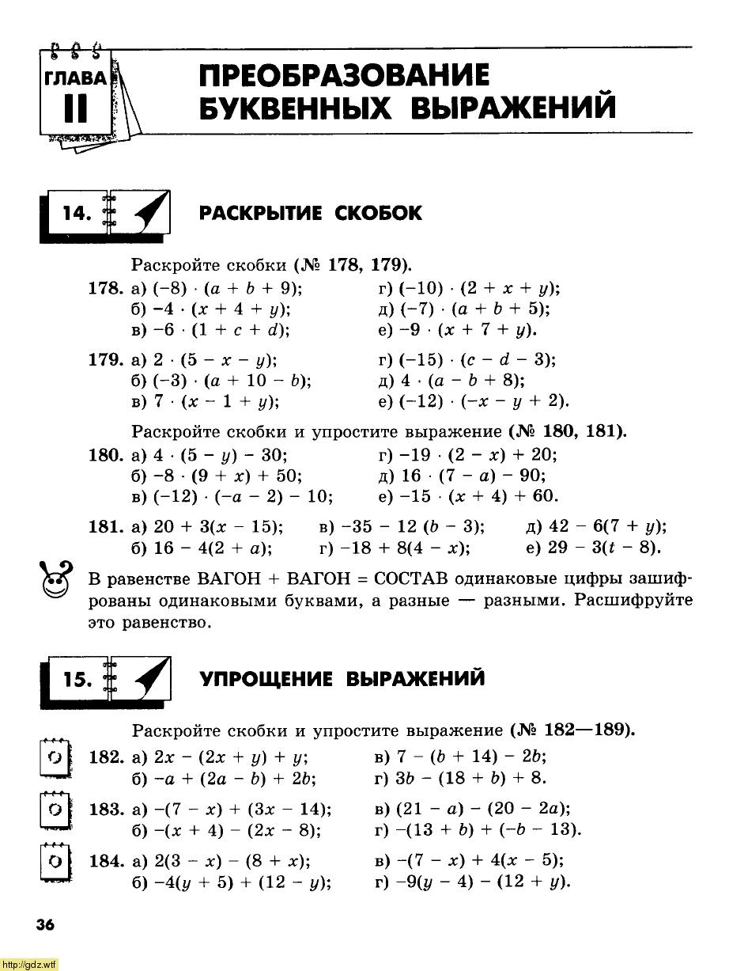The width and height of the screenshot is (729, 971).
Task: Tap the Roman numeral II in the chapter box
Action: [76, 110]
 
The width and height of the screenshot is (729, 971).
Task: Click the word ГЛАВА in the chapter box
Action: [75, 78]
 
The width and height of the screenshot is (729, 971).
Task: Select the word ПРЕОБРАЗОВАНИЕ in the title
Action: [344, 76]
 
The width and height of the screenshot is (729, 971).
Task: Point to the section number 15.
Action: [77, 680]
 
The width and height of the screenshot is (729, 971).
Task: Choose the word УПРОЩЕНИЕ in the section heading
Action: [265, 680]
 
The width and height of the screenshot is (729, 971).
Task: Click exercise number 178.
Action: [107, 289]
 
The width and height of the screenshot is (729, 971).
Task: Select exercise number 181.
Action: [107, 527]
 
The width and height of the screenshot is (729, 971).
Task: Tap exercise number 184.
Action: [107, 861]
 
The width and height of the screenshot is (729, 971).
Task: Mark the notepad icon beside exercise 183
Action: [55, 810]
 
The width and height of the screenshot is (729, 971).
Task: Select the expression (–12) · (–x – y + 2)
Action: [474, 401]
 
